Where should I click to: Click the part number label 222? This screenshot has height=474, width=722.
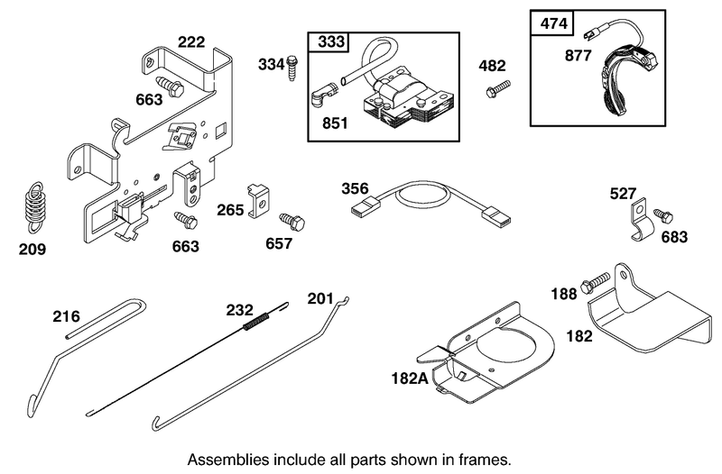(x=191, y=41)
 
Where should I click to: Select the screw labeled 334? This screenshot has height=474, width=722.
(x=291, y=68)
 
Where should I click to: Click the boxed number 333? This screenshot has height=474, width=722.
(x=331, y=41)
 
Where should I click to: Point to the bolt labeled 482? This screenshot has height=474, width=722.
(x=498, y=88)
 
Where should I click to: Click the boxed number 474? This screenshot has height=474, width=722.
(x=553, y=23)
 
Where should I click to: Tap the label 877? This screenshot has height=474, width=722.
(x=578, y=56)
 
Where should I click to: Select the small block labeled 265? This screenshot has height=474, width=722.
(x=259, y=201)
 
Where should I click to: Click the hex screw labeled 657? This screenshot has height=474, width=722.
(x=292, y=222)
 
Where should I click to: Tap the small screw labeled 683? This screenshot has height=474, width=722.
(x=663, y=215)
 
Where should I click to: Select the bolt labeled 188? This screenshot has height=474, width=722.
(x=595, y=283)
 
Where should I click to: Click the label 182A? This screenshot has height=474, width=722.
(x=410, y=378)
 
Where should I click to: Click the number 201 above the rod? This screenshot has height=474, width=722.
(x=320, y=299)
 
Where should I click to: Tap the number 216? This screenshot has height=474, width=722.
(x=66, y=317)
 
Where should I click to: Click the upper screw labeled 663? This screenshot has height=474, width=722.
(x=170, y=85)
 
